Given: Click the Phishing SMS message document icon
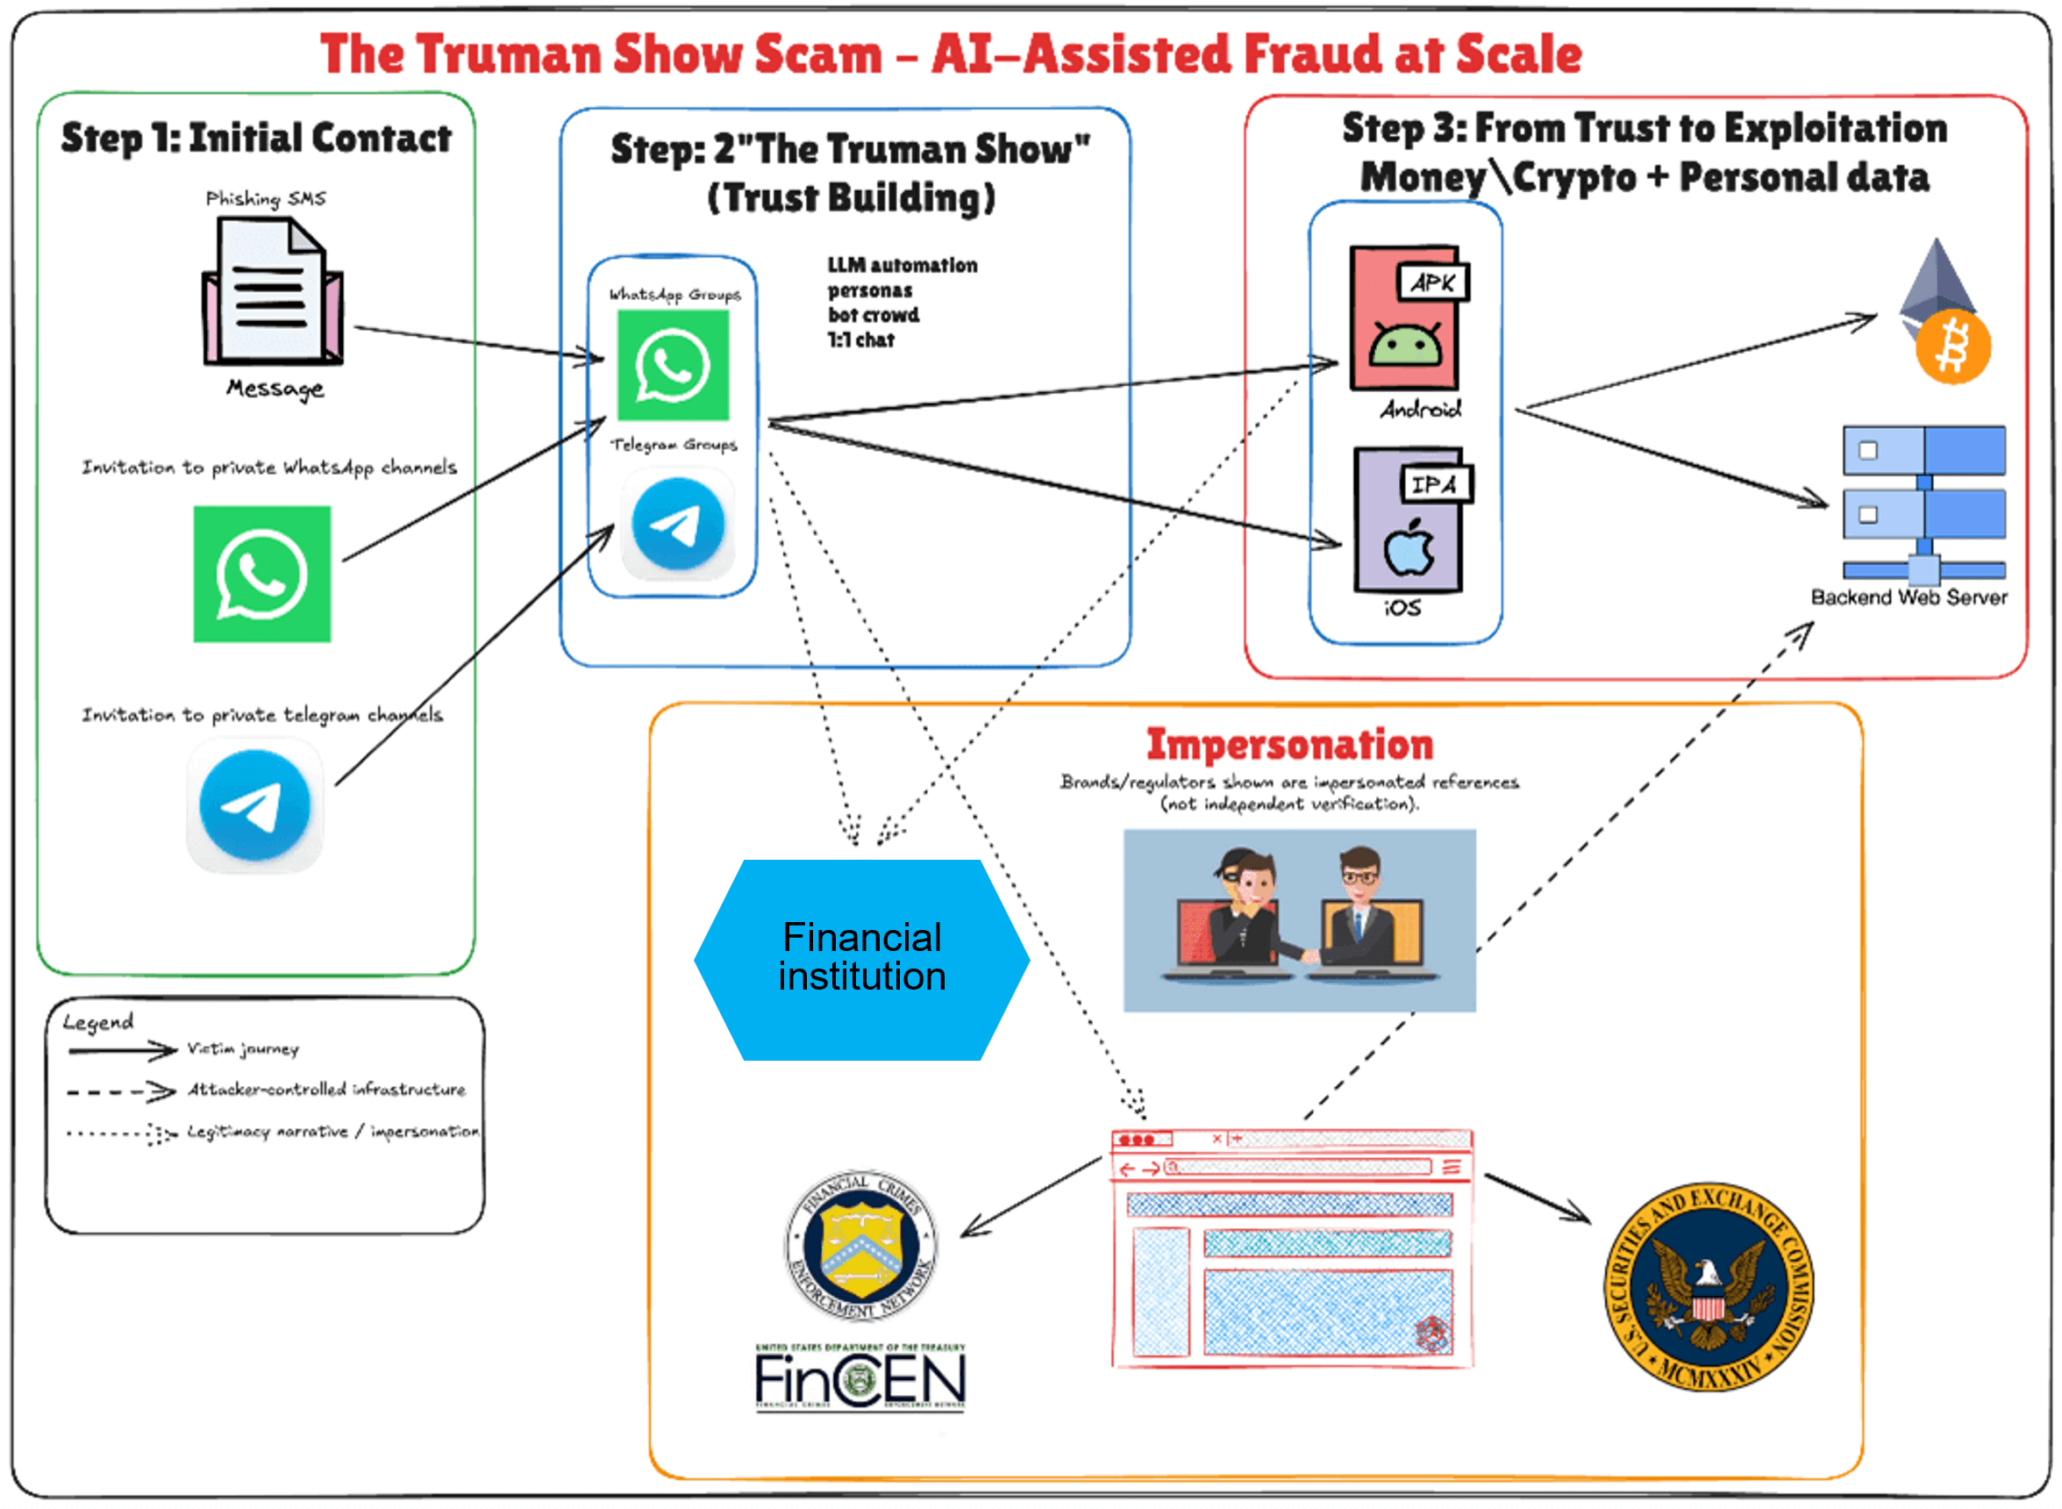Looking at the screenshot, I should coord(272,292).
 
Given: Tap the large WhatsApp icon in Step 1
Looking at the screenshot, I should coord(262,574).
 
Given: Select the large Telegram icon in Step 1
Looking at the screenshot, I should coord(254,805).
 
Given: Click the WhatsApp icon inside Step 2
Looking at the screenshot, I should coord(673,365).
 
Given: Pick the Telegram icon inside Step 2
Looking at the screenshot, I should coord(678,525).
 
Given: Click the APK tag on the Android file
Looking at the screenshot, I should coord(1432,282).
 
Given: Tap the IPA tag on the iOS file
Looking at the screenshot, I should coord(1436,484).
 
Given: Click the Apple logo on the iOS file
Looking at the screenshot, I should coord(1409,549).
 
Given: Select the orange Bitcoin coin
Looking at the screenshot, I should coord(1952,347).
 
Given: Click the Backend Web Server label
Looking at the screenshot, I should coord(1909,597).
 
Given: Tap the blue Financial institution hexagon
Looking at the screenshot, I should coord(861,959).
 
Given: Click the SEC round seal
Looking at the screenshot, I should coord(1708,1286).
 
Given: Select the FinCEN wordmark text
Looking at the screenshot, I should coord(860,1378).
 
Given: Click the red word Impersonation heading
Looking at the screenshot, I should coord(1288,745).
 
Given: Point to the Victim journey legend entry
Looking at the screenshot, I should coord(243,1048).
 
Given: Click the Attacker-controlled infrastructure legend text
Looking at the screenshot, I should coord(326,1090).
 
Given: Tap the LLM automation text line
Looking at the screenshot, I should coord(902,266).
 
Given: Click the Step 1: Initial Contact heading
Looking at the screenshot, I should coord(256,138).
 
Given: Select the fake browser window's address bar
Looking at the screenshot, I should coord(1296,1168).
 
